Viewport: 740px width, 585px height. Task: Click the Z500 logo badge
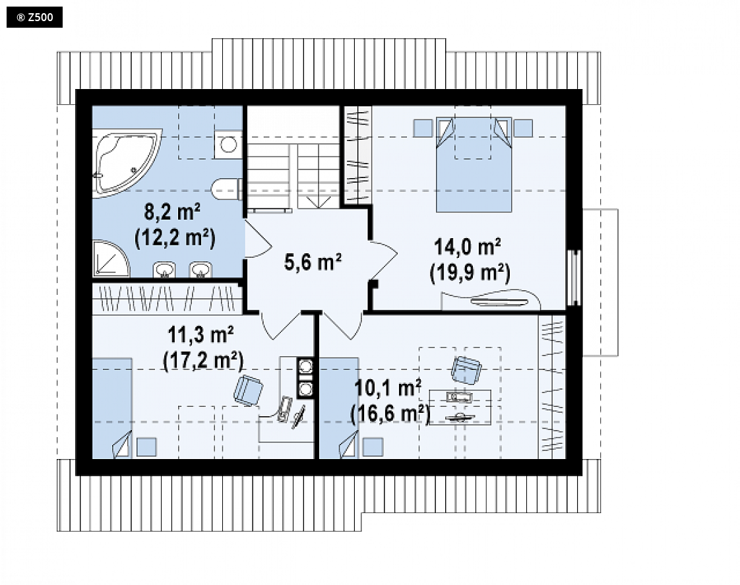coord(34,17)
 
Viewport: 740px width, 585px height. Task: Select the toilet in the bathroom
coord(226,190)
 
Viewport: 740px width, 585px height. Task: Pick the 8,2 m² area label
coord(172,212)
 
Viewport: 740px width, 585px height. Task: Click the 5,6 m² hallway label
coord(313,262)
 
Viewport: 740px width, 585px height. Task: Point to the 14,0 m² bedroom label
coord(467,247)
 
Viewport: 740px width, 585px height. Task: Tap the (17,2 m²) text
coord(203,361)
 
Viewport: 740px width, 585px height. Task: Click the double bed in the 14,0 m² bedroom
coord(474,164)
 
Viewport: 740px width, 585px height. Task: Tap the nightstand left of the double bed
coord(423,128)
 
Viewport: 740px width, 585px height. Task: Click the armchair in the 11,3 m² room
coord(248,390)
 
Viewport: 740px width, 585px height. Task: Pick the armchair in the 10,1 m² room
coord(466,369)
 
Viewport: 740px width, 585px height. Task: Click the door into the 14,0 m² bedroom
coord(383,261)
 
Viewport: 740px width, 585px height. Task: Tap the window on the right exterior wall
coord(574,278)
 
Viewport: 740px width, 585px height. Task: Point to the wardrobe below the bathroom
coord(167,298)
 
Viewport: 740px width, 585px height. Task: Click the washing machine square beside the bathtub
coord(228,144)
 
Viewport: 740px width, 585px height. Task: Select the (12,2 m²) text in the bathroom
coord(175,238)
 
